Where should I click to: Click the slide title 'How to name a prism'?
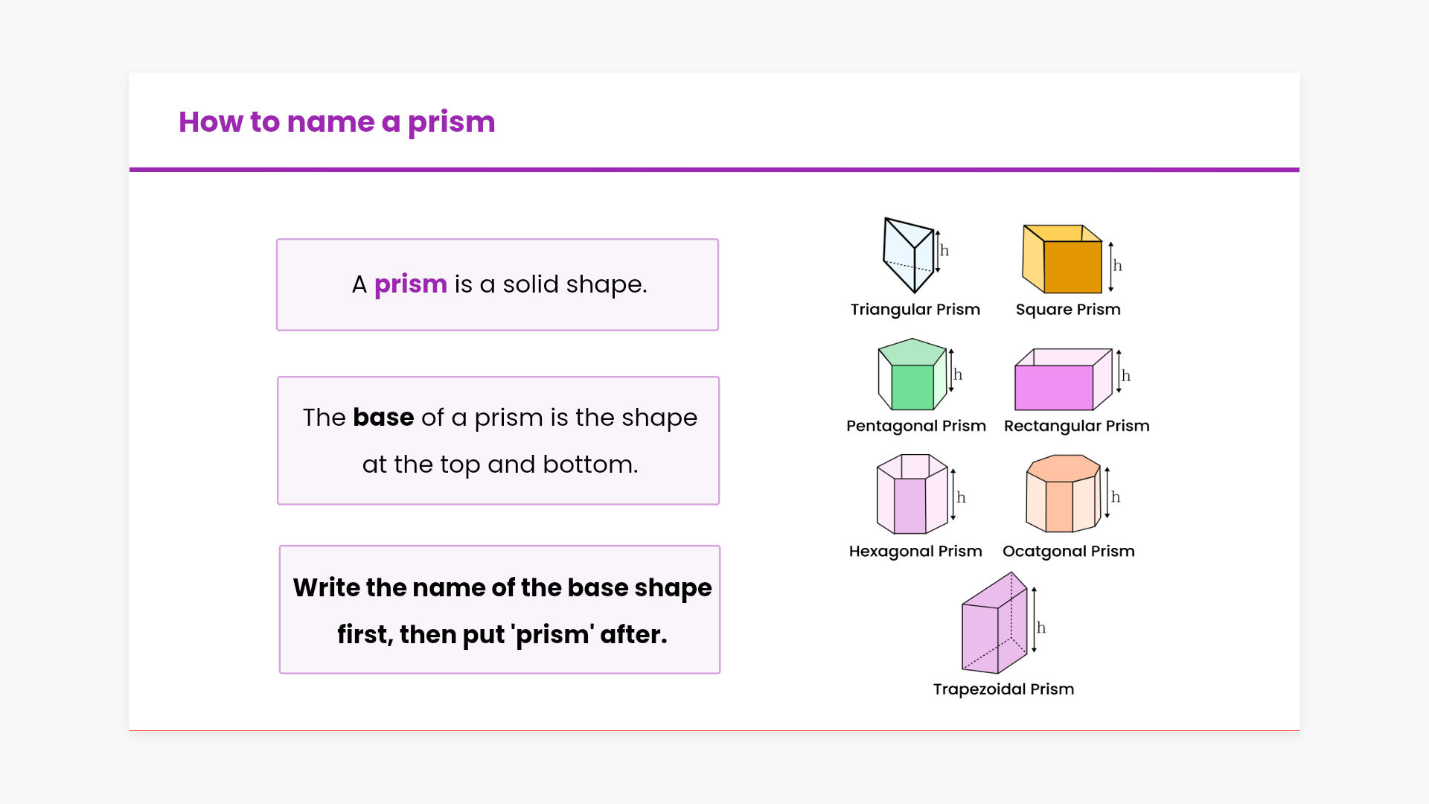pyautogui.click(x=336, y=122)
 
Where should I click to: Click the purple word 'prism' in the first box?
pyautogui.click(x=410, y=284)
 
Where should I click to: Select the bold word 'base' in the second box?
pyautogui.click(x=383, y=418)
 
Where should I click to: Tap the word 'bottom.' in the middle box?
pyautogui.click(x=590, y=465)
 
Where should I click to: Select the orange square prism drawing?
pyautogui.click(x=1062, y=259)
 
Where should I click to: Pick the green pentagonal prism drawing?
pyautogui.click(x=912, y=375)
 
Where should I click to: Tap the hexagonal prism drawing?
pyautogui.click(x=912, y=494)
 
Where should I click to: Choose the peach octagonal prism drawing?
pyautogui.click(x=1062, y=494)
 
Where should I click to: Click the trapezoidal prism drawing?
pyautogui.click(x=994, y=625)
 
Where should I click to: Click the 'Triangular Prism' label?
pyautogui.click(x=915, y=310)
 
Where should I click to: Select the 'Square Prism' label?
pyautogui.click(x=1068, y=310)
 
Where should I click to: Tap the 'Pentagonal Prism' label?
pyautogui.click(x=916, y=426)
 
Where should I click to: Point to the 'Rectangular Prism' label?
pyautogui.click(x=1076, y=426)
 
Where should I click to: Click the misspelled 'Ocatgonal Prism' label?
pyautogui.click(x=1068, y=552)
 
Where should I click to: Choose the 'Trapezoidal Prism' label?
pyautogui.click(x=1003, y=689)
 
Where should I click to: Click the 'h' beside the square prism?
pyautogui.click(x=1117, y=266)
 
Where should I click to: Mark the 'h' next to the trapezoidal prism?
pyautogui.click(x=1041, y=628)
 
